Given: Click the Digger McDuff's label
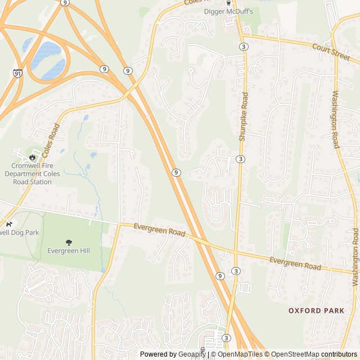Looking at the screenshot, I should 228,11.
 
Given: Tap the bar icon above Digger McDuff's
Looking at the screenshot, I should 228,3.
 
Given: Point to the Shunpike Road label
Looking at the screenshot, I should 243,117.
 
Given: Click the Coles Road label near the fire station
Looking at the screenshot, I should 51,141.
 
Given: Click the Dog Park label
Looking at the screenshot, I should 19,232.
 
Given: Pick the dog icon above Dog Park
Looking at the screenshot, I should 8,223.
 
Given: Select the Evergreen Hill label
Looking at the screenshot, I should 69,251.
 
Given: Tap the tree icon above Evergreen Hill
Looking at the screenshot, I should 69,242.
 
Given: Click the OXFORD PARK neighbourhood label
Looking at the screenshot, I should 313,310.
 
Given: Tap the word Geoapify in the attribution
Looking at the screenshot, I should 192,354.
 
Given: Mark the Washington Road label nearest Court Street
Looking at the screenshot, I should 335,119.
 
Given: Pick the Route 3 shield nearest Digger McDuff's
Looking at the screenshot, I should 243,46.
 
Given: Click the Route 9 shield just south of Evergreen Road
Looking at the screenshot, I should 220,276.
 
